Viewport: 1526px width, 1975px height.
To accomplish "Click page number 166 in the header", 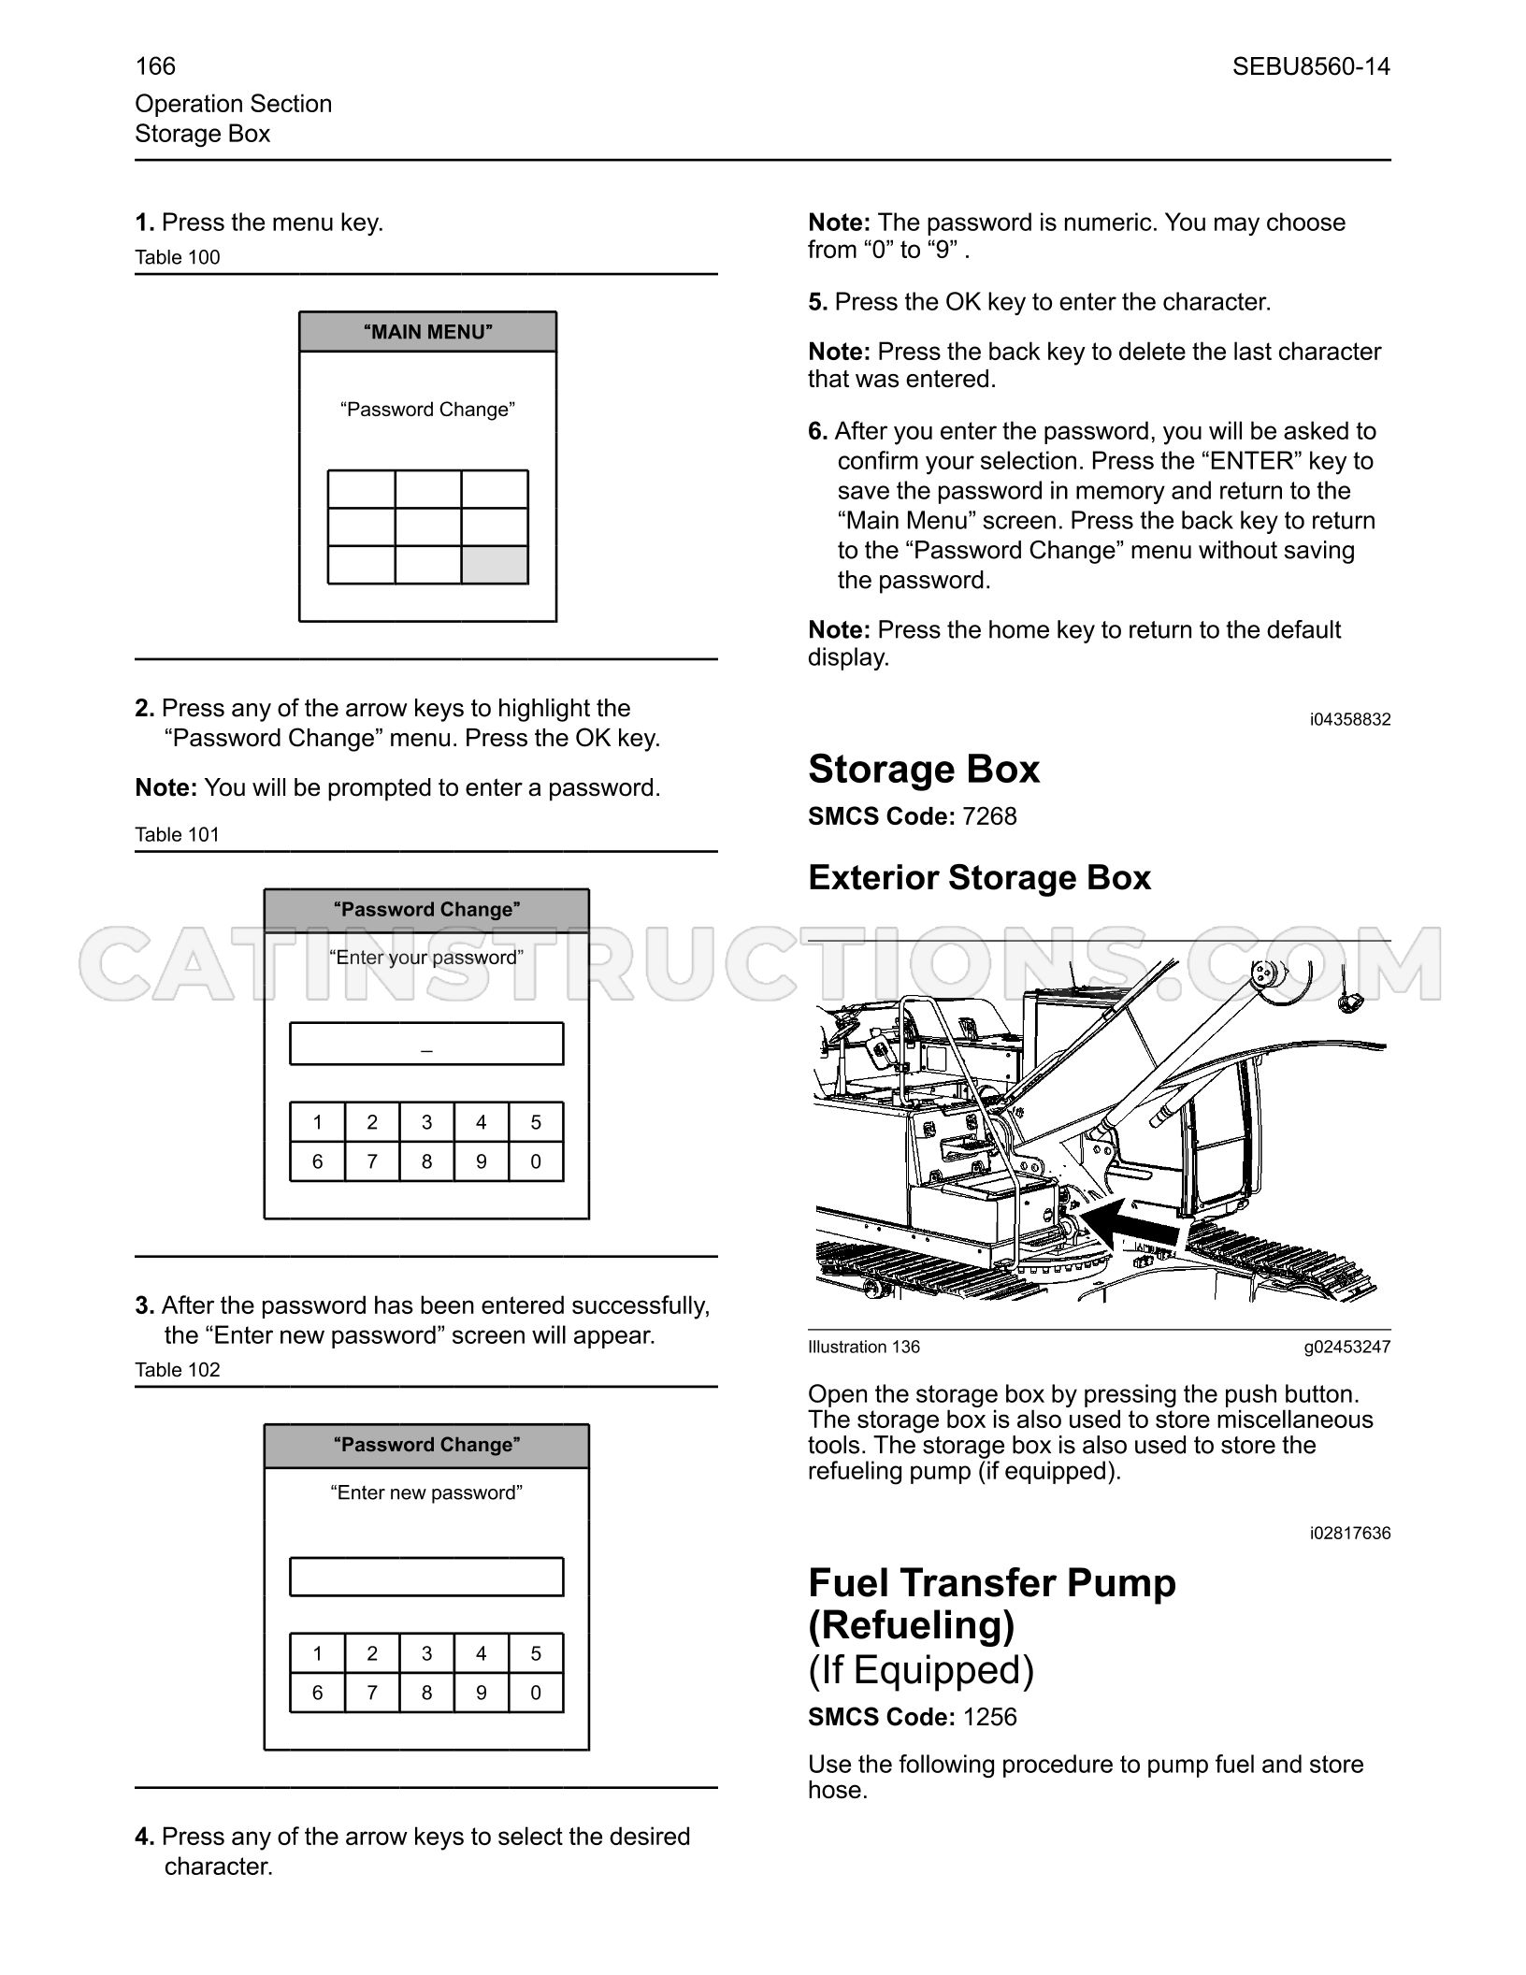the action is (155, 66).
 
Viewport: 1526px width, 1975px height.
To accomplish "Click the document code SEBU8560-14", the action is (1311, 66).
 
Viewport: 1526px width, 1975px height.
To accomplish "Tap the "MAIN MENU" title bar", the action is (427, 332).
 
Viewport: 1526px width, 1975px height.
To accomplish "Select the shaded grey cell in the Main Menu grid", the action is (495, 565).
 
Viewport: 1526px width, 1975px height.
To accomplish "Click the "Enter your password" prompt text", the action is (426, 958).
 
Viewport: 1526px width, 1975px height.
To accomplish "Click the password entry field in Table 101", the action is (426, 1044).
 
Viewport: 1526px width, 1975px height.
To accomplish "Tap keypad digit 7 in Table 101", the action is (372, 1161).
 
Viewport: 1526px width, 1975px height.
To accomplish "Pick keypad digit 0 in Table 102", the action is (536, 1693).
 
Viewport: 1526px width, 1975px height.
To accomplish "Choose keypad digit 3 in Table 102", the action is (426, 1653).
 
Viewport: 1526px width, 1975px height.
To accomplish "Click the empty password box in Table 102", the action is (426, 1577).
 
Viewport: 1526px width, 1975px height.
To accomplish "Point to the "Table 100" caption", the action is (178, 257).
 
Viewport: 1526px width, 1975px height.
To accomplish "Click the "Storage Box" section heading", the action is (924, 769).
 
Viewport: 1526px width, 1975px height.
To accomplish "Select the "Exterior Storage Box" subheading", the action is (979, 877).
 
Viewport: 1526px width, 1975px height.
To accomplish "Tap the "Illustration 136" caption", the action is (864, 1347).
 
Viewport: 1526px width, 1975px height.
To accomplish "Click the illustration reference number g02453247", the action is (1347, 1347).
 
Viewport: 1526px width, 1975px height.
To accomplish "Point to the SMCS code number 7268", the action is (989, 816).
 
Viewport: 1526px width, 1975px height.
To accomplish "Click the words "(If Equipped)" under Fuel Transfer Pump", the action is (921, 1670).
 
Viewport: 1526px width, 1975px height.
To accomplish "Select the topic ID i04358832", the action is (1350, 719).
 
